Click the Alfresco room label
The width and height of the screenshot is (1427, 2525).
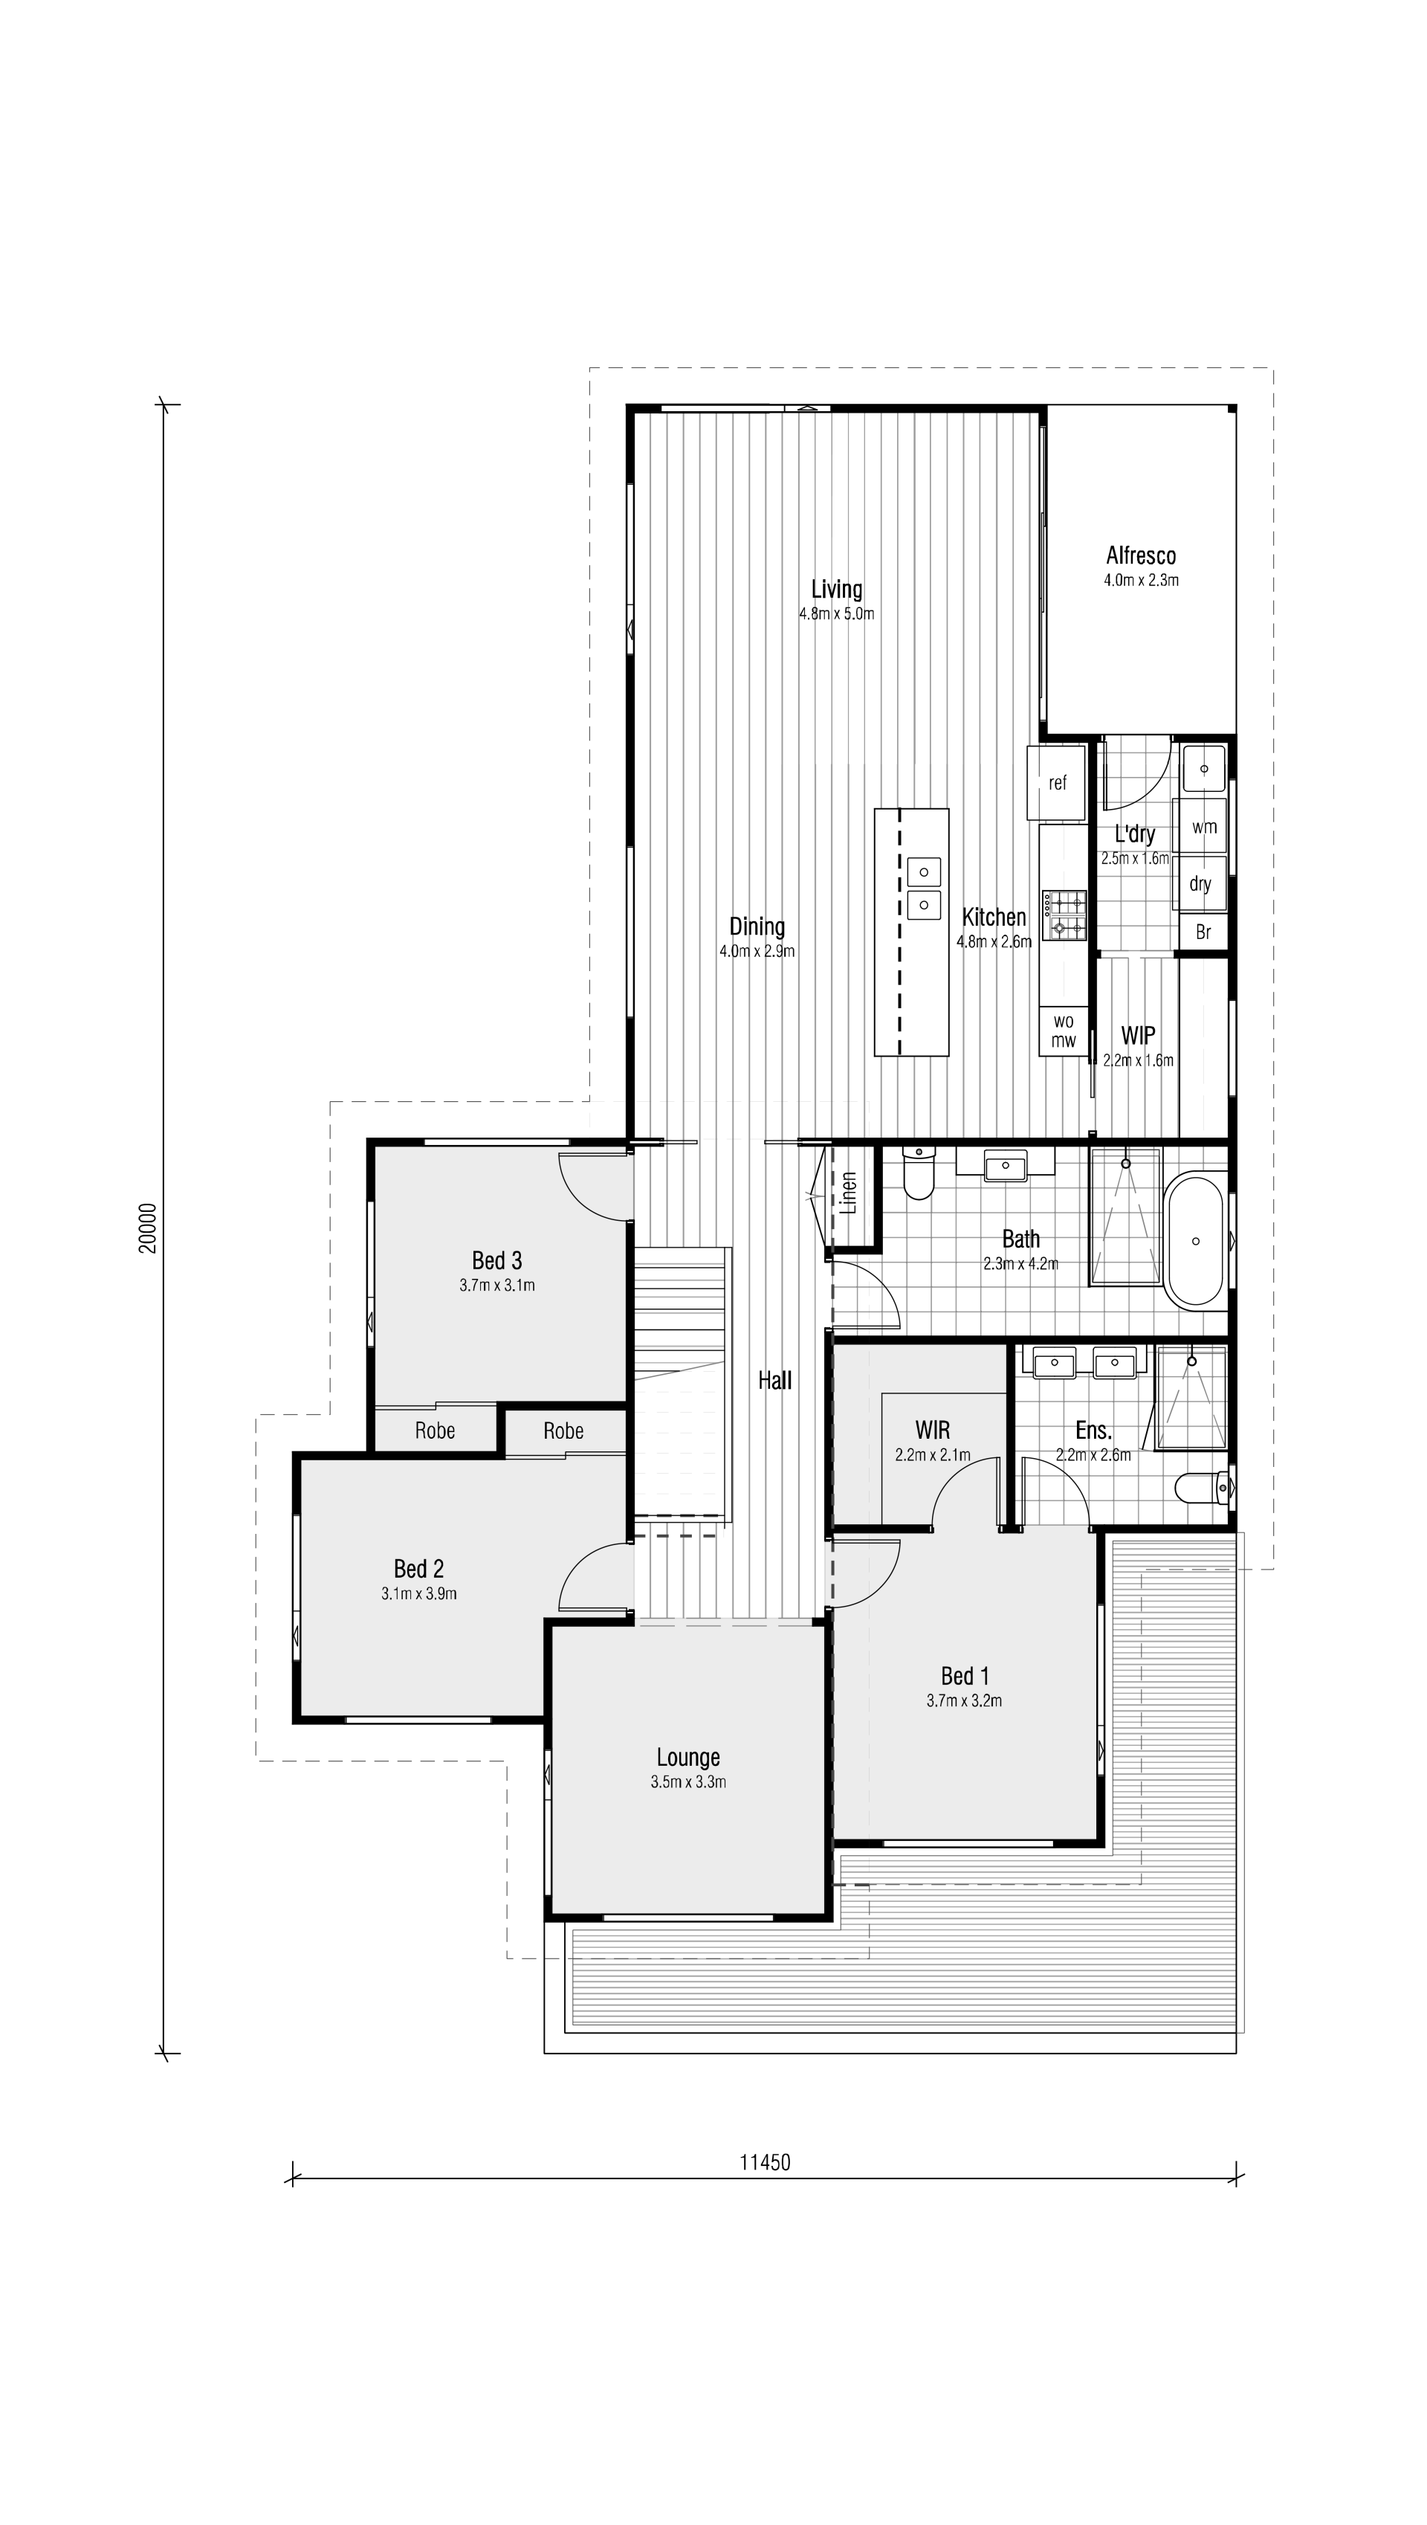tap(1141, 555)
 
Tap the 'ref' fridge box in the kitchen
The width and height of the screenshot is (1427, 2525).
tap(1058, 783)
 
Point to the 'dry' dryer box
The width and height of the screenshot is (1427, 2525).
tap(1200, 884)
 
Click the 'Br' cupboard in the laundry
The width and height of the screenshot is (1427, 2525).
tap(1203, 932)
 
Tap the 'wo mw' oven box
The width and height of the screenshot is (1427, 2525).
tap(1064, 1032)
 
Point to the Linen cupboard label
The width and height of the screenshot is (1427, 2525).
tap(850, 1193)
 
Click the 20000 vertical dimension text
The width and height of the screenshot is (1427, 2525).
tap(147, 1228)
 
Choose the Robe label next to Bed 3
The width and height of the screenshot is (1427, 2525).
tap(434, 1431)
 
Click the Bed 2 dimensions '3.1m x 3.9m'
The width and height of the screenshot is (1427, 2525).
tap(418, 1594)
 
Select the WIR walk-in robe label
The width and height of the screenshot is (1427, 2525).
tap(932, 1430)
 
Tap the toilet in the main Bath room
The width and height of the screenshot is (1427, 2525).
tap(919, 1176)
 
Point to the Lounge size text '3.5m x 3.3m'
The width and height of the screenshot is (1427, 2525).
tap(688, 1782)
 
